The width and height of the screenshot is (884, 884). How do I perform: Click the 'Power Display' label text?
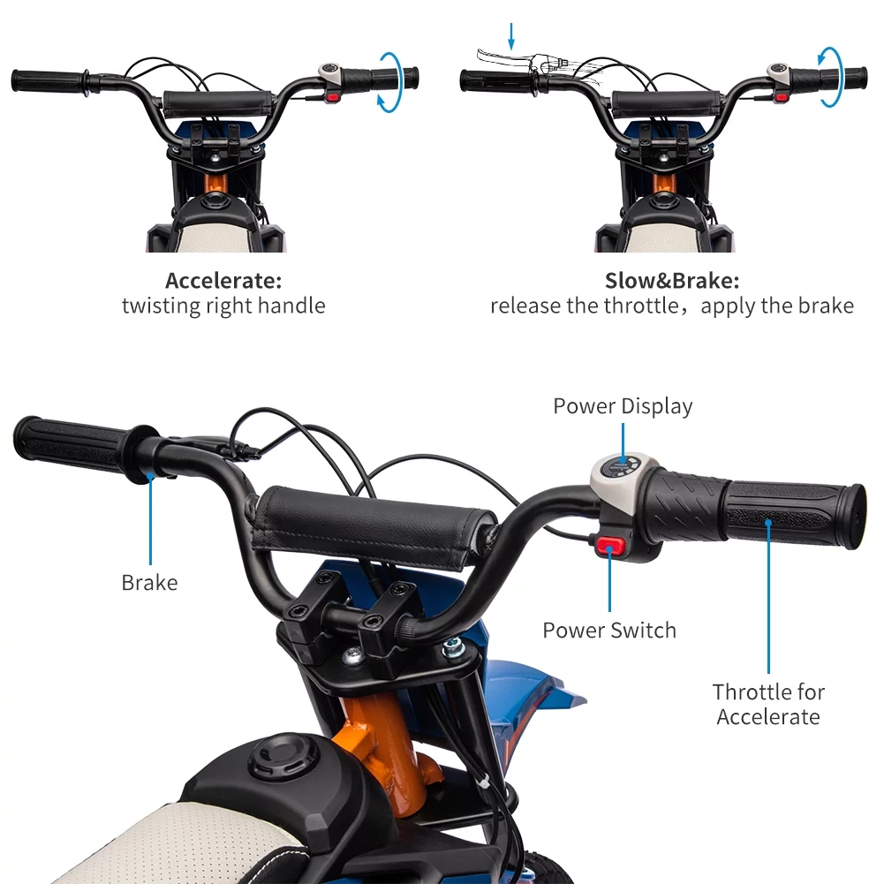click(x=623, y=406)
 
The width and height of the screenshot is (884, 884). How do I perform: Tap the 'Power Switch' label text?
click(x=609, y=631)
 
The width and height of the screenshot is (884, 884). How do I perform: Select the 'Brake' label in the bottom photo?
click(x=149, y=583)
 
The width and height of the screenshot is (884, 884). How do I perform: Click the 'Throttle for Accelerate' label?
click(x=768, y=704)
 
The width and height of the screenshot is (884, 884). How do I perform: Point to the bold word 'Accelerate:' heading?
click(x=223, y=281)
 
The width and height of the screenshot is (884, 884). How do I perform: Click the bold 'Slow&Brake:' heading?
click(x=672, y=281)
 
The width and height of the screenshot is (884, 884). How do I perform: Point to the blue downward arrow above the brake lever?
click(x=511, y=36)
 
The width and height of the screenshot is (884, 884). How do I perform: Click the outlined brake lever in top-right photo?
click(x=503, y=56)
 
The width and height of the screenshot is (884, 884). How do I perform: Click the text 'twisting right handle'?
click(x=223, y=306)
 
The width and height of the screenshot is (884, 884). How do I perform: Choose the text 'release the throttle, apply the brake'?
click(x=672, y=306)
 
